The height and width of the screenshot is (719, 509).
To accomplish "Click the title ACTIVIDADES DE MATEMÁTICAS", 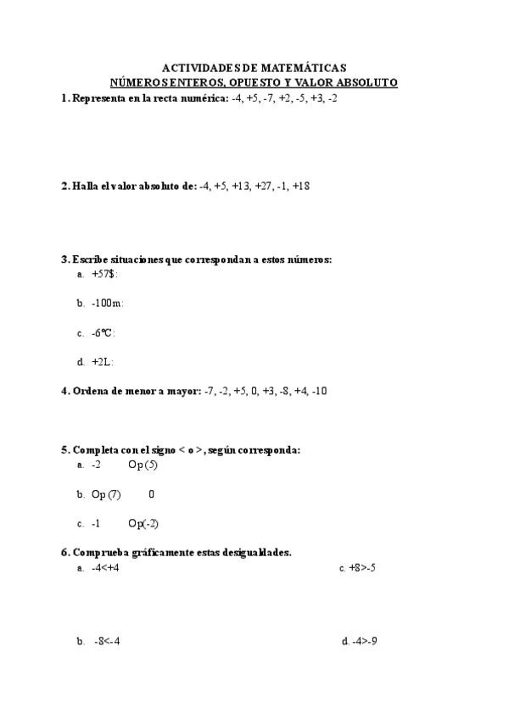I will tap(254, 68).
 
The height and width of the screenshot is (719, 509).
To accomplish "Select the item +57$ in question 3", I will tap(103, 274).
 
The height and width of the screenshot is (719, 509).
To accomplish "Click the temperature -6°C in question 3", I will tap(103, 332).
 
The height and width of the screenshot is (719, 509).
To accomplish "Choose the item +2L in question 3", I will tap(102, 362).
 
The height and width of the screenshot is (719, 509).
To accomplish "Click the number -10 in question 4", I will tap(319, 391).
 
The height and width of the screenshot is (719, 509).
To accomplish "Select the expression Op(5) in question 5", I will tap(143, 465).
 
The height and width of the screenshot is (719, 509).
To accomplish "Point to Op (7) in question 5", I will tap(106, 494).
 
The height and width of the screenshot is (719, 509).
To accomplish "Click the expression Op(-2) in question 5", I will tap(143, 523).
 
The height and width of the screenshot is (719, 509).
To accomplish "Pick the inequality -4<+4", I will tap(106, 568).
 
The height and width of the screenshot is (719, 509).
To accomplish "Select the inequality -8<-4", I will tap(107, 641).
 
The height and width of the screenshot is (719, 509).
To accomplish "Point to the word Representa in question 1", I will tap(100, 98).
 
